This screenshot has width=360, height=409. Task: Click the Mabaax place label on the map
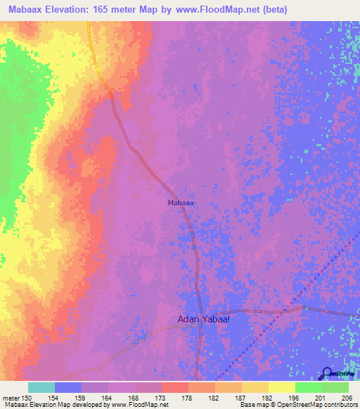click(181, 202)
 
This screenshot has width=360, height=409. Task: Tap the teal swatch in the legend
click(41, 387)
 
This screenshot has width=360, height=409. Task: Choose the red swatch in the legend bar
click(175, 387)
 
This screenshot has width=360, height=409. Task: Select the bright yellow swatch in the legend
click(282, 387)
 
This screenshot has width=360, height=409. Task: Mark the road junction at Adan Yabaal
click(202, 311)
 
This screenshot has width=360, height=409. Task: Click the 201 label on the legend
click(319, 398)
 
